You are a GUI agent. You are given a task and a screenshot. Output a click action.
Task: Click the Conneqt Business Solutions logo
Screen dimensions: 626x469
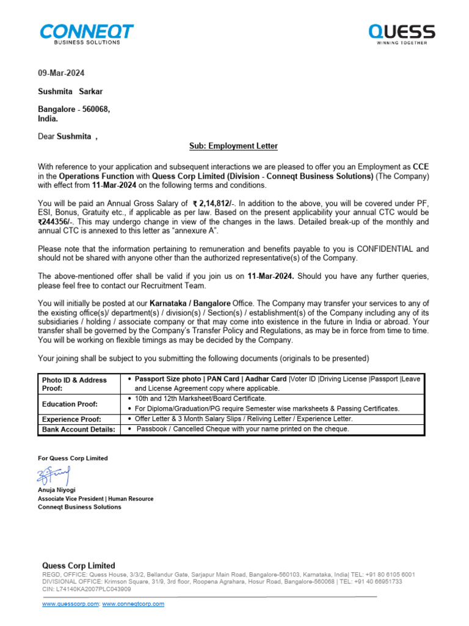[x=86, y=34]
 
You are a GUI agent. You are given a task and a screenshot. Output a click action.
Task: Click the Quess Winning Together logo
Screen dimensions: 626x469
[x=401, y=34]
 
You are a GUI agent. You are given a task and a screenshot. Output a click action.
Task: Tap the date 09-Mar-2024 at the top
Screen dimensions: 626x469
[x=61, y=73]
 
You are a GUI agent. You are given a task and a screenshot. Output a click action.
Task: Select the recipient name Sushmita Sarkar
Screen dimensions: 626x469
[x=71, y=92]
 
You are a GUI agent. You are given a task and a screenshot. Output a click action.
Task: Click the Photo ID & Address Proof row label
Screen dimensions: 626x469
[x=74, y=384]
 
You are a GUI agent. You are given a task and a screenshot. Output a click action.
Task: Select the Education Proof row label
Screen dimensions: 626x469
[x=70, y=404]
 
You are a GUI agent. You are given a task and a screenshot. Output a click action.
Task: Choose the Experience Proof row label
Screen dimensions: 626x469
[x=71, y=419]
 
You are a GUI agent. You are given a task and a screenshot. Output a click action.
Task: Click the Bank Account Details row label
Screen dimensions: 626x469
[x=78, y=430]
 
